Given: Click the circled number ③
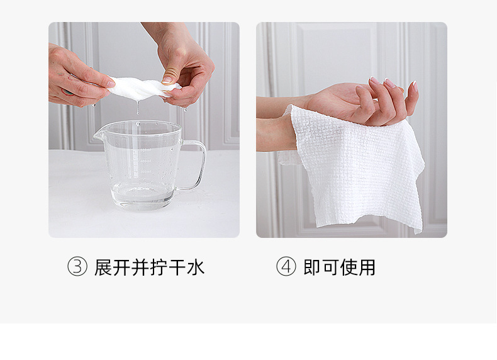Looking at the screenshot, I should pyautogui.click(x=77, y=267).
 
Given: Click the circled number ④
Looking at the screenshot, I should pyautogui.click(x=286, y=267).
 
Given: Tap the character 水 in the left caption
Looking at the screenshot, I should pyautogui.click(x=196, y=267).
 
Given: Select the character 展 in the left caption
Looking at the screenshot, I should pyautogui.click(x=103, y=267).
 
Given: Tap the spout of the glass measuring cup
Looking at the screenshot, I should pyautogui.click(x=98, y=135).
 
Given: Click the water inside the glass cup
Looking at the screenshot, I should pyautogui.click(x=143, y=195).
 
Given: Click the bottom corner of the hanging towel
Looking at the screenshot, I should pyautogui.click(x=416, y=228).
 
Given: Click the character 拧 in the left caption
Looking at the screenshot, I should pyautogui.click(x=158, y=267).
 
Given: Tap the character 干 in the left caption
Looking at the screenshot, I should pyautogui.click(x=177, y=267).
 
